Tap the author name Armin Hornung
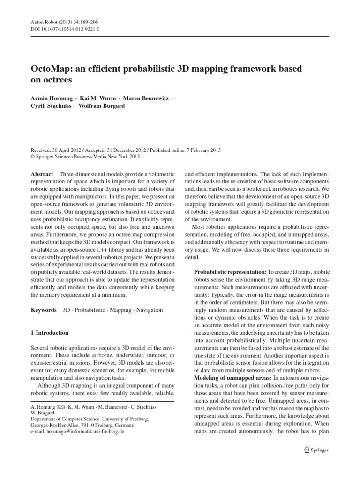[52, 99]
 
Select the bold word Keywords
[43, 310]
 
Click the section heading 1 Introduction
[49, 333]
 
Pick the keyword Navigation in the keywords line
[148, 310]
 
